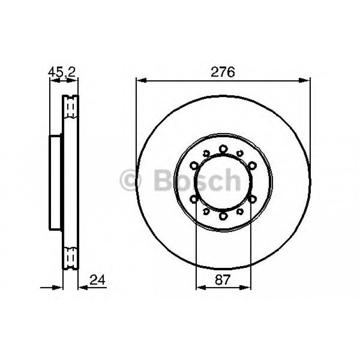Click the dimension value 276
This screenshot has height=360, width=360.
tap(223, 72)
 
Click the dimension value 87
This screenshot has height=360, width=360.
tap(224, 280)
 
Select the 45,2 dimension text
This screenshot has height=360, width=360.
tap(62, 72)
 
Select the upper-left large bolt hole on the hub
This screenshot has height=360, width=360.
tap(195, 166)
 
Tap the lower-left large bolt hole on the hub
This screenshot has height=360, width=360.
tap(195, 199)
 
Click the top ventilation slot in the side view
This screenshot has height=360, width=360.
tap(70, 107)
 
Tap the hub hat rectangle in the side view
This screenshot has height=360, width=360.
tap(55, 182)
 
